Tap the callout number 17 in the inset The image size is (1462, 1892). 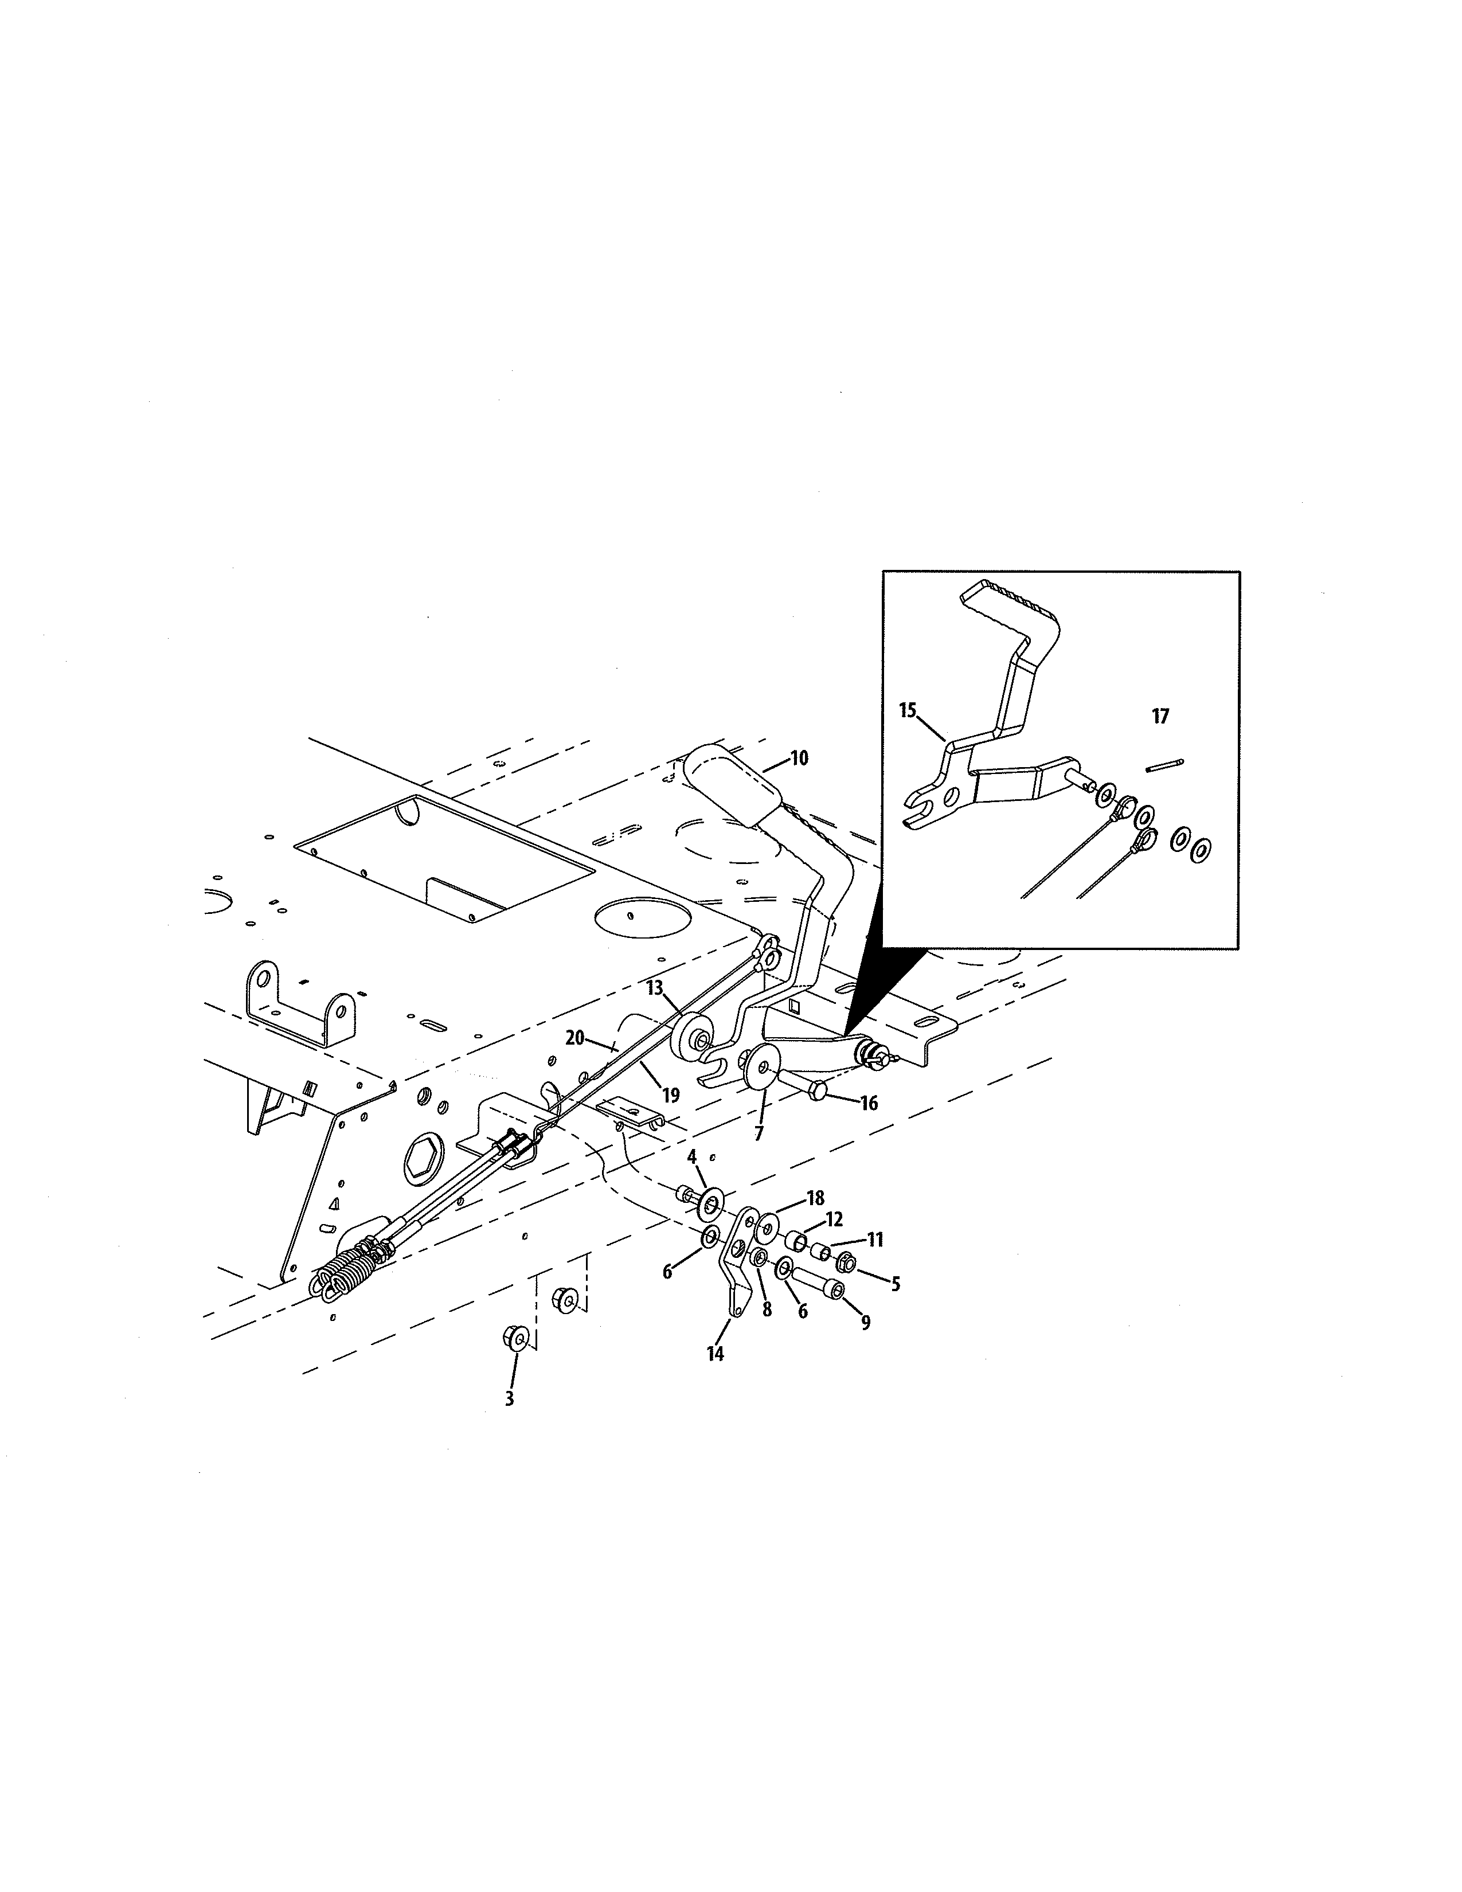pyautogui.click(x=1160, y=717)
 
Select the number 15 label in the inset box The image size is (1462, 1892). pyautogui.click(x=908, y=712)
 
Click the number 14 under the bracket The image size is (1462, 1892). pyautogui.click(x=714, y=1354)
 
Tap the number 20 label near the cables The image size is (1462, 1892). pyautogui.click(x=575, y=1038)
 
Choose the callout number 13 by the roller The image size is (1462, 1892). pyautogui.click(x=654, y=988)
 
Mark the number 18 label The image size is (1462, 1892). pyautogui.click(x=815, y=1199)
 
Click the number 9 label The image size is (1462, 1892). pyautogui.click(x=865, y=1323)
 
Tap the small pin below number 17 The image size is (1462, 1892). pyautogui.click(x=1164, y=764)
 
